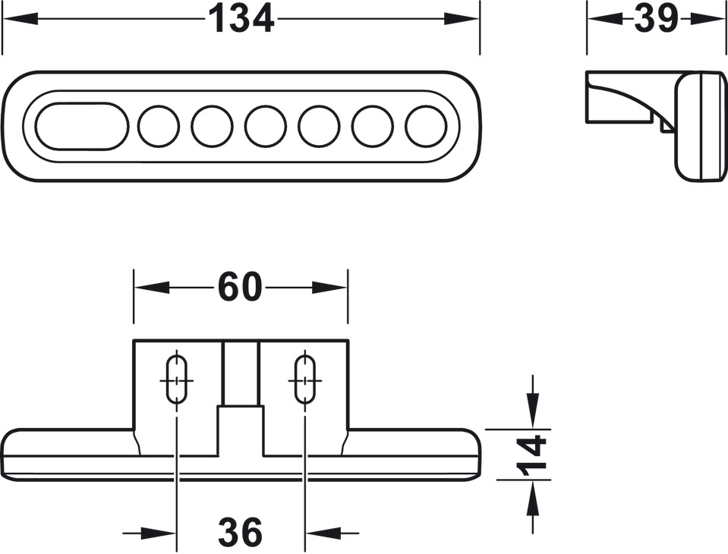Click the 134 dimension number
(x=241, y=19)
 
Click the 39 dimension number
(x=656, y=19)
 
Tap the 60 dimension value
(x=240, y=287)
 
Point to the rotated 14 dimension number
(x=531, y=455)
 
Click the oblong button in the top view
(x=82, y=126)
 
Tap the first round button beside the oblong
(x=159, y=126)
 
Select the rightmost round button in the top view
(x=426, y=126)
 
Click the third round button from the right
(x=319, y=126)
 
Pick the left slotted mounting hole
(x=176, y=379)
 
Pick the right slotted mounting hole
(x=305, y=379)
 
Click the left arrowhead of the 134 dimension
(x=20, y=19)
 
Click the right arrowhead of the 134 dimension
(x=462, y=19)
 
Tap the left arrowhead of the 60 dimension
(x=151, y=288)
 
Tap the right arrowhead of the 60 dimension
(x=329, y=288)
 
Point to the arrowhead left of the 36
(x=159, y=533)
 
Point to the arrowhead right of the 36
(x=323, y=533)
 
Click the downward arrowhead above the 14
(x=533, y=411)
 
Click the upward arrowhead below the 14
(x=533, y=497)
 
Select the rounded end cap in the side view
(x=700, y=126)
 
